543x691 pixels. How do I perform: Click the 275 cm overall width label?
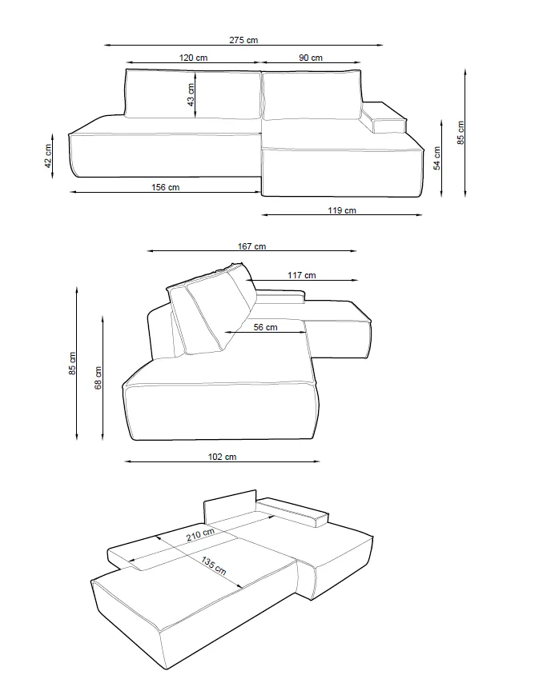point(243,40)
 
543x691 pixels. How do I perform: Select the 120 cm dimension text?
point(193,58)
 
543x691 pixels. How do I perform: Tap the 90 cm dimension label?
point(311,58)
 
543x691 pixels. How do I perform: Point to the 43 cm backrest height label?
point(191,95)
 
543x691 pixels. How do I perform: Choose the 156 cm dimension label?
point(165,187)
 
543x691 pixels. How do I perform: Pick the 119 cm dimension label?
point(342,210)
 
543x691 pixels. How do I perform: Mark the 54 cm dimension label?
point(437,158)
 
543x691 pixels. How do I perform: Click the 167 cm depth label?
point(252,246)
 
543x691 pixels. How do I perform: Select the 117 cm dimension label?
point(302,276)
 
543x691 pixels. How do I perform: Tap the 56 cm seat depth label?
point(264,327)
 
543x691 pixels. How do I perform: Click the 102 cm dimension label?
point(222,457)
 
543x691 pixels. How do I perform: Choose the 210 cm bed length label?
point(200,535)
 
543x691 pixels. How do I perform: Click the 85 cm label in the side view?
point(72,364)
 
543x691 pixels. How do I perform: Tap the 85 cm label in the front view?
point(460,132)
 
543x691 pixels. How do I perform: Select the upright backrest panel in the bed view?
point(231,511)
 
